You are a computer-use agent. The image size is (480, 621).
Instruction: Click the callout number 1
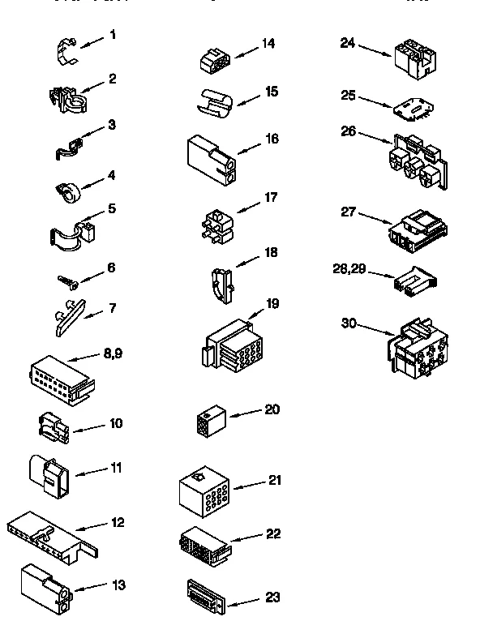113,35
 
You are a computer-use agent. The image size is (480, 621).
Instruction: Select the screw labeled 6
66,281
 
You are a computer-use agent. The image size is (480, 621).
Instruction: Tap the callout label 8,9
114,353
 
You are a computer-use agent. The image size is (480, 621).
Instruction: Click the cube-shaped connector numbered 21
206,490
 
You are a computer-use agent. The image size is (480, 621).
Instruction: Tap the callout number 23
272,597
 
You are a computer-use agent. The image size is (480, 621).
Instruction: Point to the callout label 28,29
349,268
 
